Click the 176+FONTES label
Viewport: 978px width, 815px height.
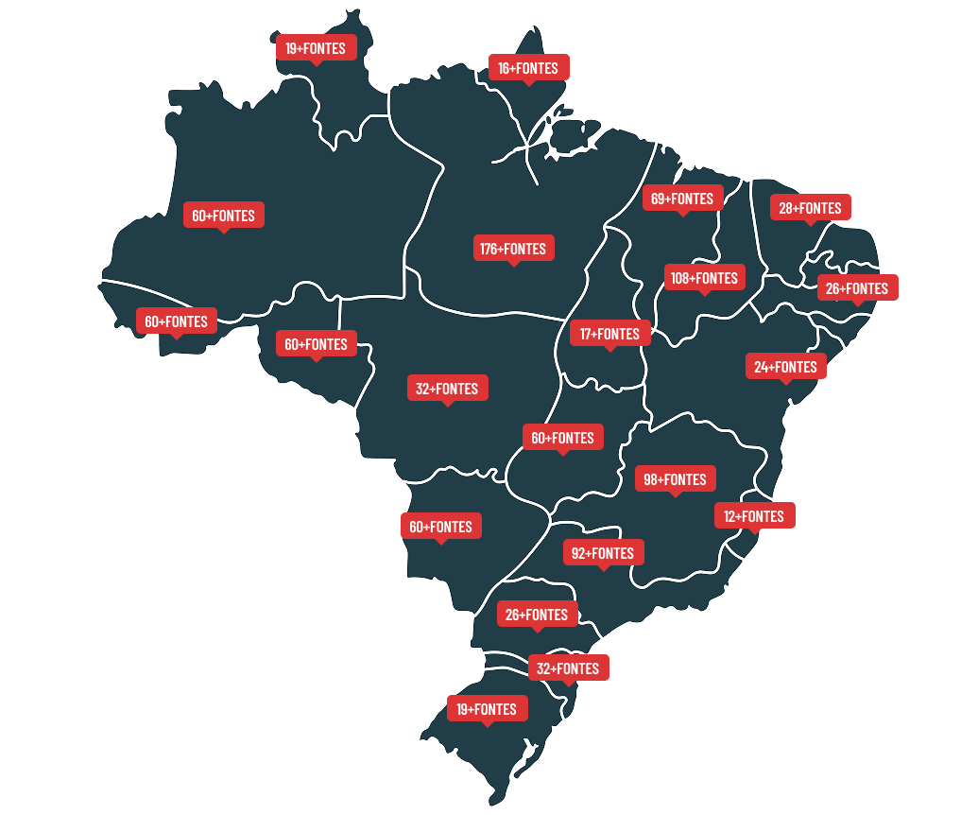point(513,249)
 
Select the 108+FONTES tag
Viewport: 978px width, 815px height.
point(704,278)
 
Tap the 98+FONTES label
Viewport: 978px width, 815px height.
point(675,479)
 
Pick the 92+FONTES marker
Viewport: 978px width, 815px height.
point(603,553)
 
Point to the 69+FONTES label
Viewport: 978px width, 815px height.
point(682,199)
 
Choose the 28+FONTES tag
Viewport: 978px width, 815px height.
point(810,208)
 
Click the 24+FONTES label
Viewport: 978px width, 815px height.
point(785,367)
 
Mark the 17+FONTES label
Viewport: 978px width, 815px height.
point(609,334)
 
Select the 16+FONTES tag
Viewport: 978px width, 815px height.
point(528,68)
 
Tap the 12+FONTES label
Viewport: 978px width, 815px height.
point(754,516)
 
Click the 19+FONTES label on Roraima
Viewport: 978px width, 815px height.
point(316,47)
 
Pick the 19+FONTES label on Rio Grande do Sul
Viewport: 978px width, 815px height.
point(487,709)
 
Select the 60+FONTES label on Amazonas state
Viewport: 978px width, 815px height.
point(223,216)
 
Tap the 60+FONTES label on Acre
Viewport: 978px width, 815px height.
point(176,321)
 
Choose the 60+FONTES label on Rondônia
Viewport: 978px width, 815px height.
point(316,344)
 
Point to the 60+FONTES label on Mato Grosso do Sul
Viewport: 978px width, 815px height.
point(440,527)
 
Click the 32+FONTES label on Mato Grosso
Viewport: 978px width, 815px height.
point(448,389)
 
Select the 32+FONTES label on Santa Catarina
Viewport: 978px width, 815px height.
point(568,668)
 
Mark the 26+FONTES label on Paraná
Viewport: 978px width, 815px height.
point(537,615)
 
